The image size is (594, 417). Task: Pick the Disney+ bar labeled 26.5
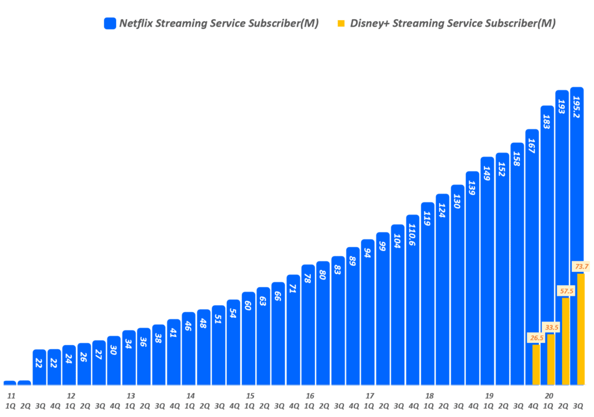536,365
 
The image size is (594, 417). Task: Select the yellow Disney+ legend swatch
341,24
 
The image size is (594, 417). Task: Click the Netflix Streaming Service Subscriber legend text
219,24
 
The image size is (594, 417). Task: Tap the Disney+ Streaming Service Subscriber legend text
452,24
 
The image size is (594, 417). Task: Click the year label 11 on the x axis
11,396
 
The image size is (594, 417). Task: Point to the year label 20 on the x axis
548,396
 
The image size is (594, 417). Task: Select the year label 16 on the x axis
310,396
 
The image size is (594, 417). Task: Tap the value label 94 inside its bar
368,252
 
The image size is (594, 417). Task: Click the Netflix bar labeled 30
114,360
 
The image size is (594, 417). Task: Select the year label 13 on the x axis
131,396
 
